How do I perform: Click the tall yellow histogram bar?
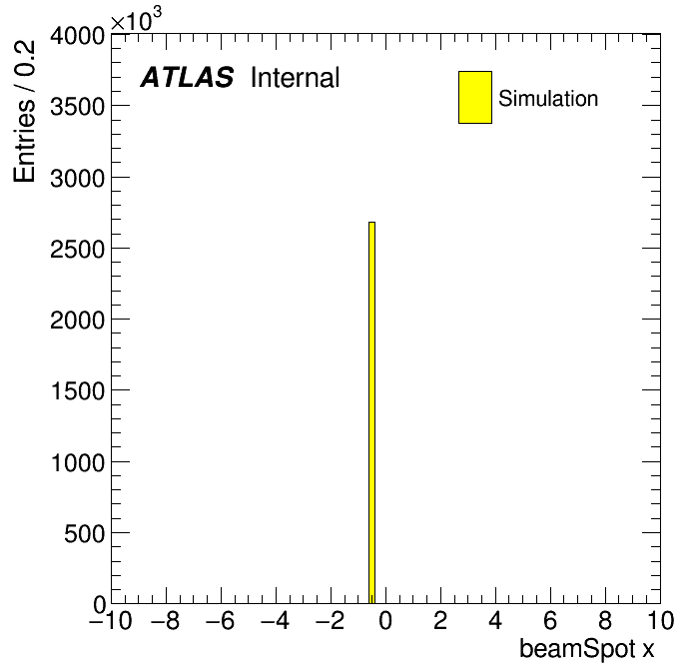(x=371, y=412)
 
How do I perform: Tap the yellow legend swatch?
(x=475, y=97)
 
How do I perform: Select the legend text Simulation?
(x=548, y=99)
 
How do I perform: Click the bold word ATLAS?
(x=187, y=77)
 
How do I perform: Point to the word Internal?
(x=296, y=78)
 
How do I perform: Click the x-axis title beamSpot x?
(x=586, y=648)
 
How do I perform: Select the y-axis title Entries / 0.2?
(x=24, y=111)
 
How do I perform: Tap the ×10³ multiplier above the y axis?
(x=136, y=19)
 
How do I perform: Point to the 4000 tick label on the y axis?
(x=78, y=35)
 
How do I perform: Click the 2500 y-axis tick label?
(x=78, y=249)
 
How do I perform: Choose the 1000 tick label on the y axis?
(x=78, y=462)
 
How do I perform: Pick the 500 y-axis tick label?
(x=84, y=533)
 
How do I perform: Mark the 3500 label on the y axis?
(x=78, y=107)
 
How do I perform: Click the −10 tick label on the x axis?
(x=111, y=620)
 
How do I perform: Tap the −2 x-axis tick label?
(x=331, y=620)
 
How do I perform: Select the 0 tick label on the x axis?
(x=385, y=620)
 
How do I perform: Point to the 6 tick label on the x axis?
(x=550, y=620)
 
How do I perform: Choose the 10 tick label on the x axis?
(x=660, y=620)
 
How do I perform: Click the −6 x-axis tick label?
(x=221, y=620)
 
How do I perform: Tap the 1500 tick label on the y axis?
(x=78, y=391)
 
